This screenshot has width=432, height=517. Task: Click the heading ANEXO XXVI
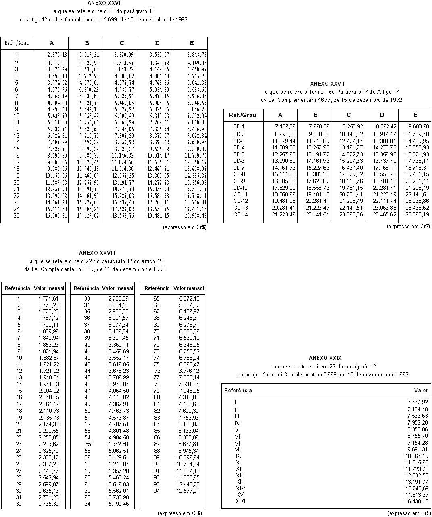[104, 3]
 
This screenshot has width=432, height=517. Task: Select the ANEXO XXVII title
[327, 84]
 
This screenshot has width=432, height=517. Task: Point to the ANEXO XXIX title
[325, 358]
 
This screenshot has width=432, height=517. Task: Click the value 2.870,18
[57, 55]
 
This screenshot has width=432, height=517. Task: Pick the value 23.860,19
[417, 214]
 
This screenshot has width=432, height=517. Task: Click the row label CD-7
[239, 168]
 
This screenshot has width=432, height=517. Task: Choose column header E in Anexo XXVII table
[415, 115]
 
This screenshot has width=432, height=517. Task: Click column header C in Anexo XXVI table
[121, 43]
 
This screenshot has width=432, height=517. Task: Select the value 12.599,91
[189, 491]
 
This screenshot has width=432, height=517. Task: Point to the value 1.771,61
[48, 298]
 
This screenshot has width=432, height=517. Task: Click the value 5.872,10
[189, 298]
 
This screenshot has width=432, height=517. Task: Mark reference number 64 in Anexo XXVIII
[87, 504]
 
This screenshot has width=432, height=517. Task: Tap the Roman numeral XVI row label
[240, 501]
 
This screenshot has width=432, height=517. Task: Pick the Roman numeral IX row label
[238, 456]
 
